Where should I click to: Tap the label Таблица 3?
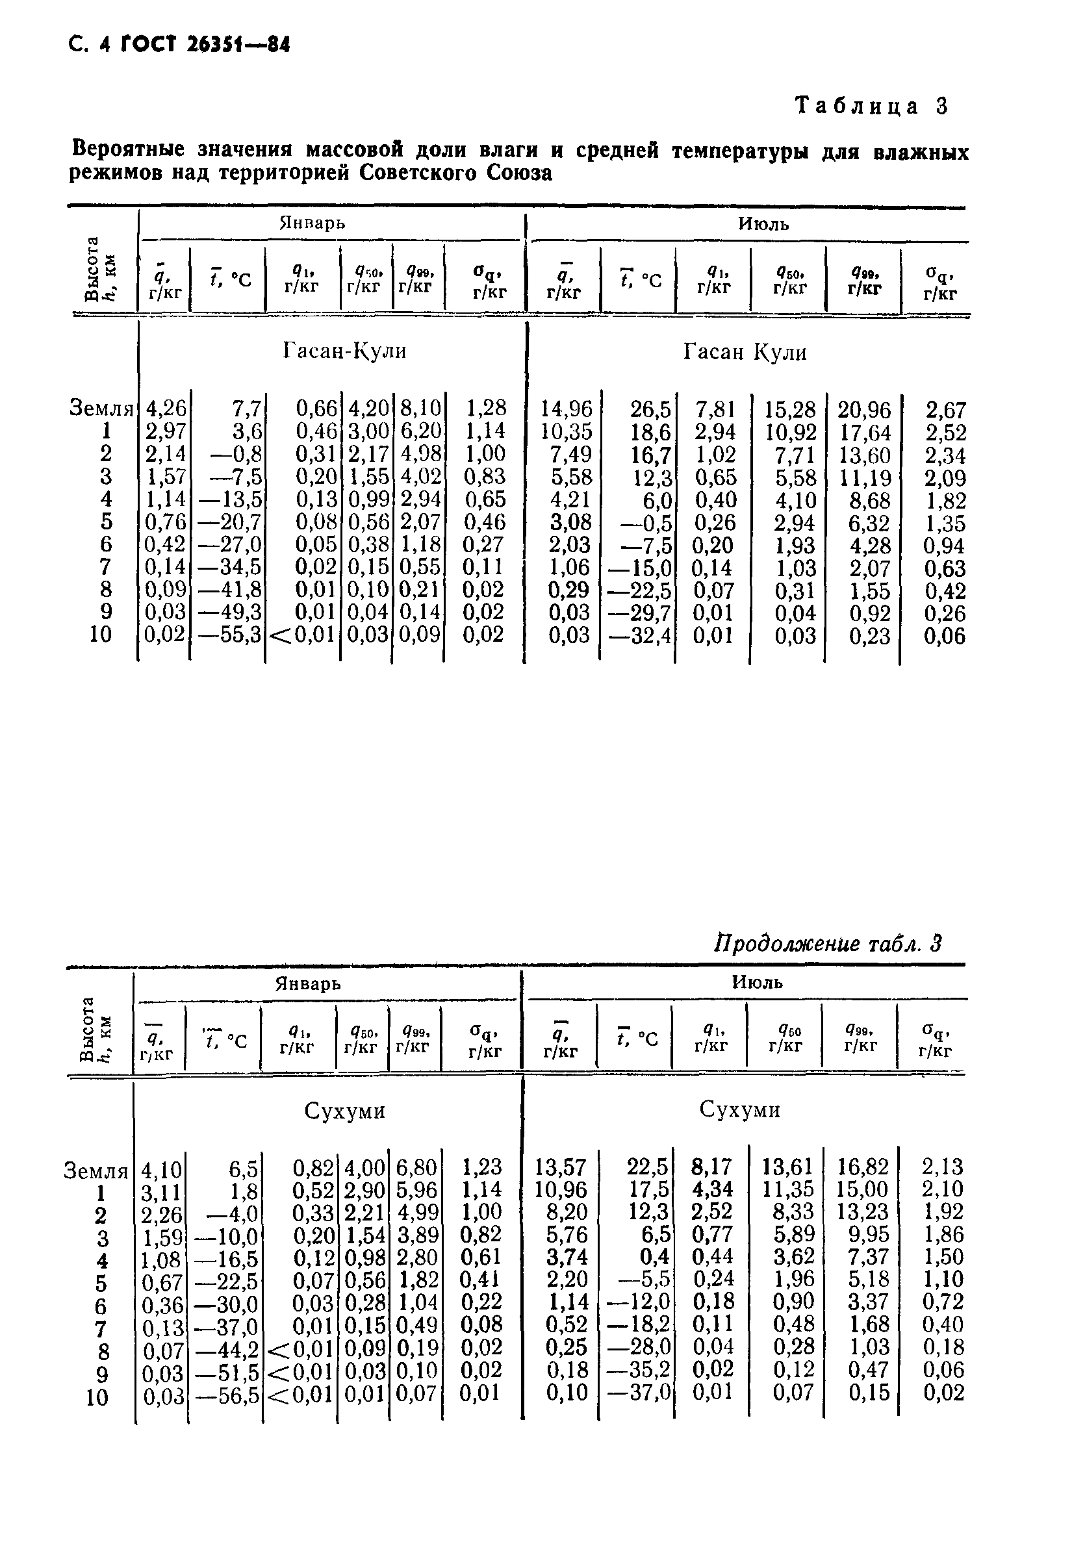coord(871,106)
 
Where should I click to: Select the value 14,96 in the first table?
coord(567,409)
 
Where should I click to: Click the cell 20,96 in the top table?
coord(864,410)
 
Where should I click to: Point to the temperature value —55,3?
coord(231,635)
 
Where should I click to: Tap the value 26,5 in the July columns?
coord(650,409)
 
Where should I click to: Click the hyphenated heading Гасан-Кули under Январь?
coord(344,351)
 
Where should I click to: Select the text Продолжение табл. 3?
coord(827,943)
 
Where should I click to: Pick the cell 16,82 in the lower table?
coord(862,1166)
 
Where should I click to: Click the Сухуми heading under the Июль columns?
coord(739,1109)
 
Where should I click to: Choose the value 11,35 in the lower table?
coord(788,1189)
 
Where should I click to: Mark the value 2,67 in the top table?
coord(945,410)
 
